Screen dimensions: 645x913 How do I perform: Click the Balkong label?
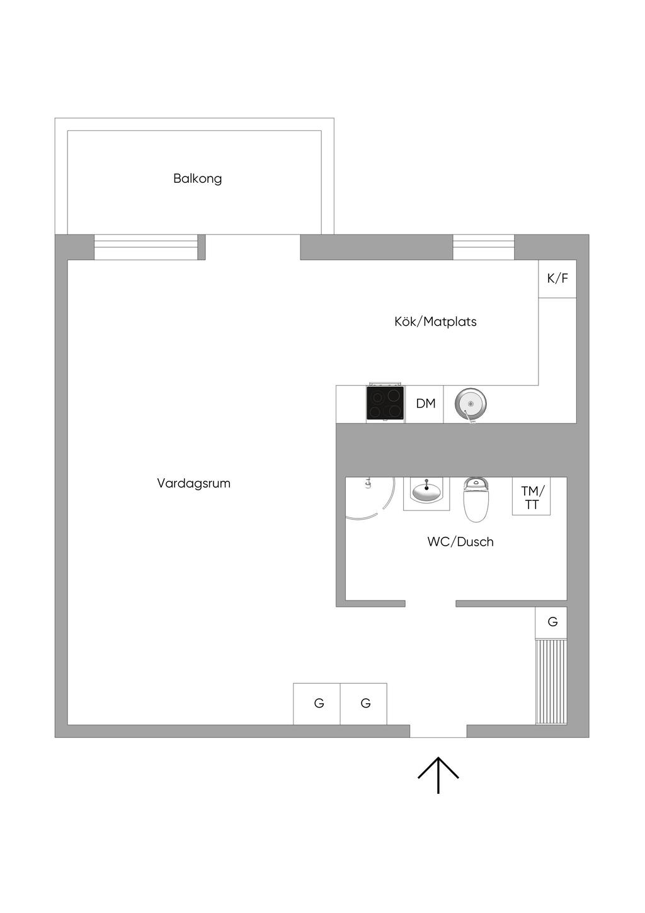pyautogui.click(x=198, y=178)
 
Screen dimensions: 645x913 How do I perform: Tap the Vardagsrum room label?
pyautogui.click(x=193, y=483)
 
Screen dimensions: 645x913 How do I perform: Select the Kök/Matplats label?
pyautogui.click(x=436, y=322)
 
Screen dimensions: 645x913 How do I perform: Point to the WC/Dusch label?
pyautogui.click(x=460, y=542)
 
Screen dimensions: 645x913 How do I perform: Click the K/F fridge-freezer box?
pyautogui.click(x=557, y=278)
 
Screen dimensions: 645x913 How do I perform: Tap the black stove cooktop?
pyautogui.click(x=385, y=403)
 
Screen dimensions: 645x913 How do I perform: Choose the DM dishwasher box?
pyautogui.click(x=425, y=404)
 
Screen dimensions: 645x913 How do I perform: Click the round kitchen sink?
pyautogui.click(x=471, y=405)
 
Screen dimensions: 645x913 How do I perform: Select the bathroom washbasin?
pyautogui.click(x=426, y=492)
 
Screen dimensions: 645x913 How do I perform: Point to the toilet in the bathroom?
pyautogui.click(x=476, y=500)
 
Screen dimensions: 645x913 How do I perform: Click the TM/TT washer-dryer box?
pyautogui.click(x=532, y=496)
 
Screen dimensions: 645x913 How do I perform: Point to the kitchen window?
pyautogui.click(x=483, y=247)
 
